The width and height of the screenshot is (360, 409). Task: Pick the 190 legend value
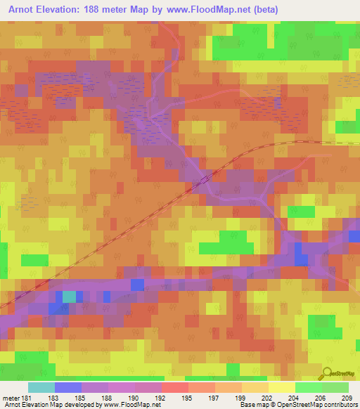134,398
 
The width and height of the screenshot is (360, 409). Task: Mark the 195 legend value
188,398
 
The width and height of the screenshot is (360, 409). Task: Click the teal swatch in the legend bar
41,387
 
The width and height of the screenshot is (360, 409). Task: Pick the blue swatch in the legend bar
68,387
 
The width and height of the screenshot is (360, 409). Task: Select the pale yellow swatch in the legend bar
281,387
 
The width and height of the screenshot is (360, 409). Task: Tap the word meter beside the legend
10,398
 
